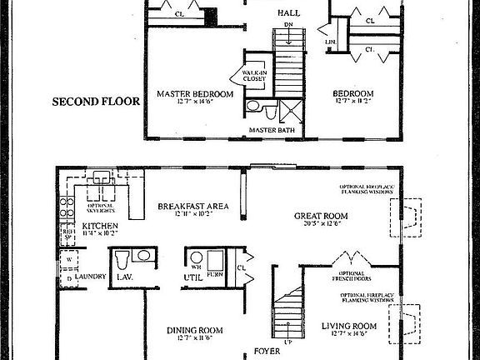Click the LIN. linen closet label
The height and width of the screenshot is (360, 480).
click(x=332, y=42)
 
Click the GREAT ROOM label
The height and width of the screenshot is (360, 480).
click(x=321, y=216)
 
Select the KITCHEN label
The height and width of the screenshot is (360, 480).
click(x=100, y=226)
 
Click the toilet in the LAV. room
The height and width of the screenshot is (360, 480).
click(x=122, y=257)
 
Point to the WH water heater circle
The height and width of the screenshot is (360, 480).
click(x=197, y=257)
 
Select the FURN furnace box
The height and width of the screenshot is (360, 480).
click(x=216, y=261)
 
